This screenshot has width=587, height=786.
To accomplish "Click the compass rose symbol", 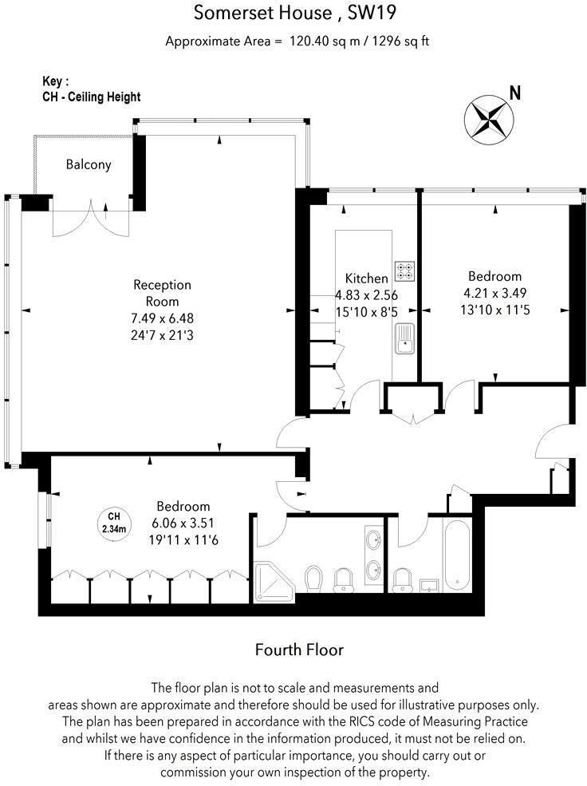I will pyautogui.click(x=487, y=117).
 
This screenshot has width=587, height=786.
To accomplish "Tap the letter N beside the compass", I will pyautogui.click(x=515, y=93).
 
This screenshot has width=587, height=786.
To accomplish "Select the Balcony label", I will pyautogui.click(x=88, y=165).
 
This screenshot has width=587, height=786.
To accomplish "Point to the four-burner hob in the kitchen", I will pyautogui.click(x=404, y=271).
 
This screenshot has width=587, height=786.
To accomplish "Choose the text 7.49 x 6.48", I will pyautogui.click(x=162, y=318).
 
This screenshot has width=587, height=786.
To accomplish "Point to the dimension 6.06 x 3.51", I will pyautogui.click(x=183, y=523).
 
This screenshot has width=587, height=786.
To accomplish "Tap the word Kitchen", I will pyautogui.click(x=366, y=278).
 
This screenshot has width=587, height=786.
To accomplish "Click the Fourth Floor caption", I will pyautogui.click(x=299, y=650).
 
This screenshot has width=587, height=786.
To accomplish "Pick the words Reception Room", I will pyautogui.click(x=162, y=293).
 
